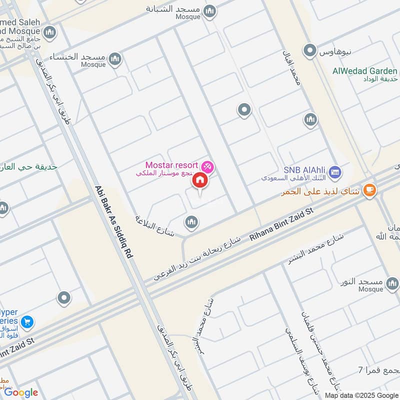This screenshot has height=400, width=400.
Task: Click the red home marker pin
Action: (200, 180)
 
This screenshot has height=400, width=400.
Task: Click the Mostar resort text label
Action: (171, 164)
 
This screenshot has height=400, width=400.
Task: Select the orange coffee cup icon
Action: (369, 190)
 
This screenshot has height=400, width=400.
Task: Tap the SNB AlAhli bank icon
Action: (335, 172)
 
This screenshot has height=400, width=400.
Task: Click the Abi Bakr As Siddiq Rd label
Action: (113, 221)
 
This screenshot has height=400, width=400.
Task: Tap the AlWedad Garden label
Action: (365, 71)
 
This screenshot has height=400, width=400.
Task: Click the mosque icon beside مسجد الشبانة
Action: (210, 10)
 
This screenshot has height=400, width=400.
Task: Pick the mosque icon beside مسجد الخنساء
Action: (115, 59)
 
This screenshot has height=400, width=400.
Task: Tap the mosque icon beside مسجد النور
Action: (392, 285)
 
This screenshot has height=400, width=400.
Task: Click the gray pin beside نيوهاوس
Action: (310, 50)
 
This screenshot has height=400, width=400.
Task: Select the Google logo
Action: (21, 392)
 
